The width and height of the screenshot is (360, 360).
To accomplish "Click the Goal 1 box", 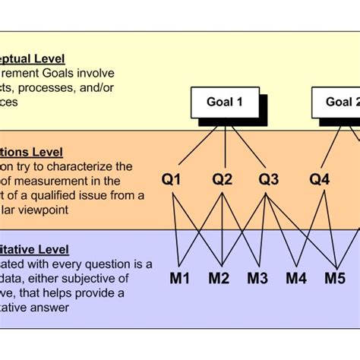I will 224,102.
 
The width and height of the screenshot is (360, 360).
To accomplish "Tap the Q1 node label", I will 172,180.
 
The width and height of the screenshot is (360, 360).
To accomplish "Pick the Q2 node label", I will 222,180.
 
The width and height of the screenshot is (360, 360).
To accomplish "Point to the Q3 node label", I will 269,180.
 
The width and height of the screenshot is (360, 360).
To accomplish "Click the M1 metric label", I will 179,279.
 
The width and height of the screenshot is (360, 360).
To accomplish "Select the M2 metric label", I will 219,279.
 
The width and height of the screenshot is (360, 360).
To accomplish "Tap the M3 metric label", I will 258,279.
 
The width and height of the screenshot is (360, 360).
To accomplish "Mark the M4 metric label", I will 297,279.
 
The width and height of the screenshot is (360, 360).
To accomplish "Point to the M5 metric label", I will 335,279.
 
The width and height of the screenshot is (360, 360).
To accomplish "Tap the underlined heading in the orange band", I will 31,153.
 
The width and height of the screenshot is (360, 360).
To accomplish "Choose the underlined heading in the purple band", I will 34,249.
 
